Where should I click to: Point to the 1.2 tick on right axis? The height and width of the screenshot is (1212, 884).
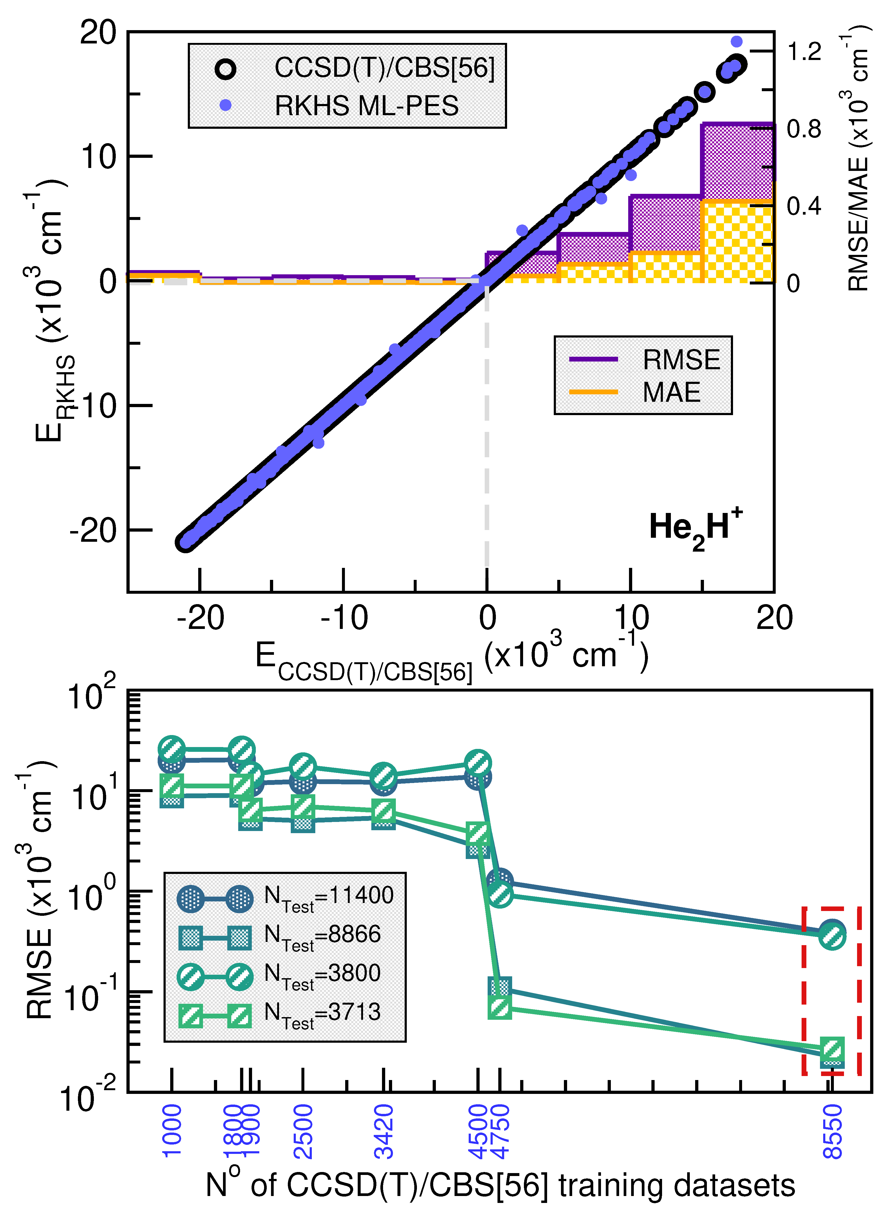804,52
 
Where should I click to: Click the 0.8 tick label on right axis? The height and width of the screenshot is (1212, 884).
804,129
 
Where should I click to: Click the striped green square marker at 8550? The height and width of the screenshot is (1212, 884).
832,1049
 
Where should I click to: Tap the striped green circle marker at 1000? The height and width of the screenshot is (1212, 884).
172,749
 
